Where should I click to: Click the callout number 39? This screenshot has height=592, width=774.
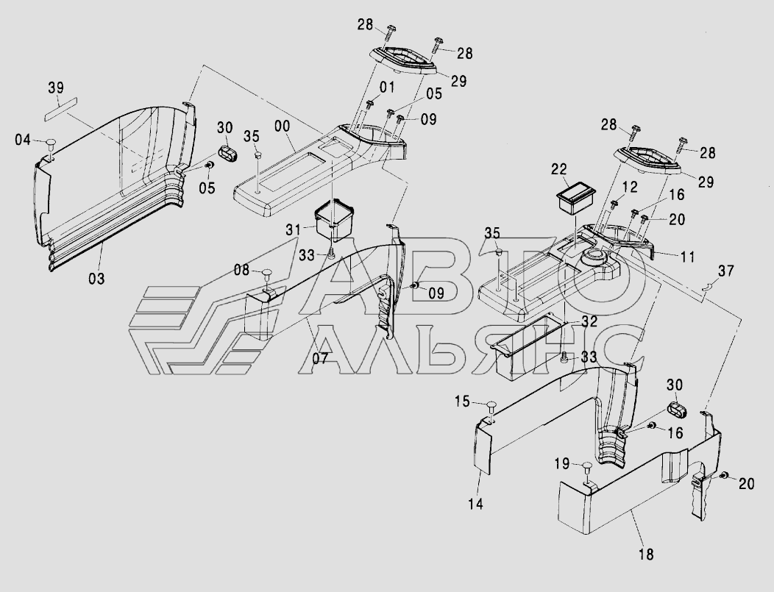[x=56, y=88]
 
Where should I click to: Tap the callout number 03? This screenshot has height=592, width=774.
[x=97, y=279]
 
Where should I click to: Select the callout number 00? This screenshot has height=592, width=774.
[x=283, y=126]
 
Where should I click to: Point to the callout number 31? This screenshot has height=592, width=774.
[x=294, y=230]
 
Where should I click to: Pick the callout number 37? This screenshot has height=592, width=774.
[x=726, y=271]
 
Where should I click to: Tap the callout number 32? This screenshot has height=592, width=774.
[x=589, y=322]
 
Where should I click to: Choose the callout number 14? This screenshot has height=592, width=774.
[x=475, y=504]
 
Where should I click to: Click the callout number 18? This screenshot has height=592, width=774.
[x=646, y=554]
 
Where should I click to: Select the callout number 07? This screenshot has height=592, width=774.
[x=320, y=359]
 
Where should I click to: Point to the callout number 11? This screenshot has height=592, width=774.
[x=688, y=257]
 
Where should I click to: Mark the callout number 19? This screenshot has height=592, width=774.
[x=562, y=464]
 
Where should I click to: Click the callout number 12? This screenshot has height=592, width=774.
[x=629, y=188]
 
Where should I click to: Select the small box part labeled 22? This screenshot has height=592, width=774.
[x=575, y=198]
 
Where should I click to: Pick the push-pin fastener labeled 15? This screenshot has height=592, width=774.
[x=491, y=407]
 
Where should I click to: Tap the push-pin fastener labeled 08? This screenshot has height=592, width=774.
[x=267, y=274]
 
